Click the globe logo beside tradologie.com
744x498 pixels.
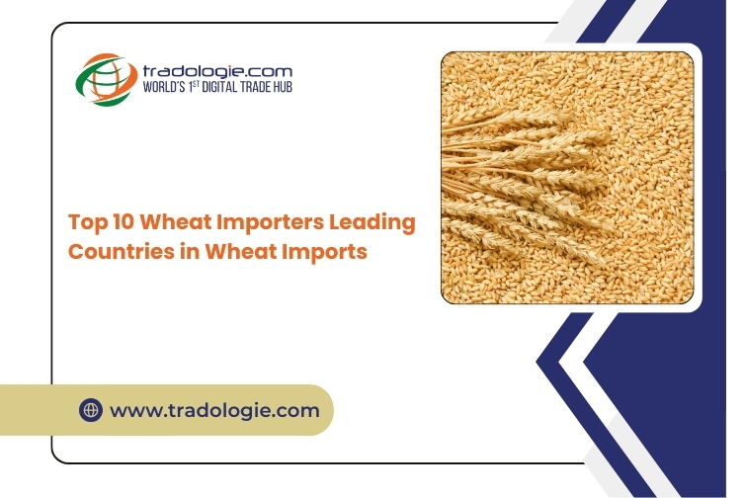click(x=107, y=79)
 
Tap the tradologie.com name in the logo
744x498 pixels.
click(x=217, y=72)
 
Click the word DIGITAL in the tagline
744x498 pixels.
click(x=219, y=87)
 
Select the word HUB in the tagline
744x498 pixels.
click(x=283, y=87)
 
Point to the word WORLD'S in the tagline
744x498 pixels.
click(x=163, y=87)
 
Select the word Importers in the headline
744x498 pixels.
click(x=271, y=222)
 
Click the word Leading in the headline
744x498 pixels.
click(x=372, y=222)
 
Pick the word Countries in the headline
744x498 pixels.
click(x=122, y=252)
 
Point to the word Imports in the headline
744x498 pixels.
click(x=324, y=252)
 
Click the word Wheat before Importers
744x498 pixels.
click(x=175, y=221)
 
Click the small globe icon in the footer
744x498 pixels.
click(x=91, y=410)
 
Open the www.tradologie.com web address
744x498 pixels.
click(x=214, y=411)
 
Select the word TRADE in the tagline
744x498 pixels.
click(x=255, y=87)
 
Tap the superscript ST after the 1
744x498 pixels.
click(x=196, y=84)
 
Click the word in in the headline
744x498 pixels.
click(x=190, y=252)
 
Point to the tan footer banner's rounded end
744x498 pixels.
click(x=322, y=410)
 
